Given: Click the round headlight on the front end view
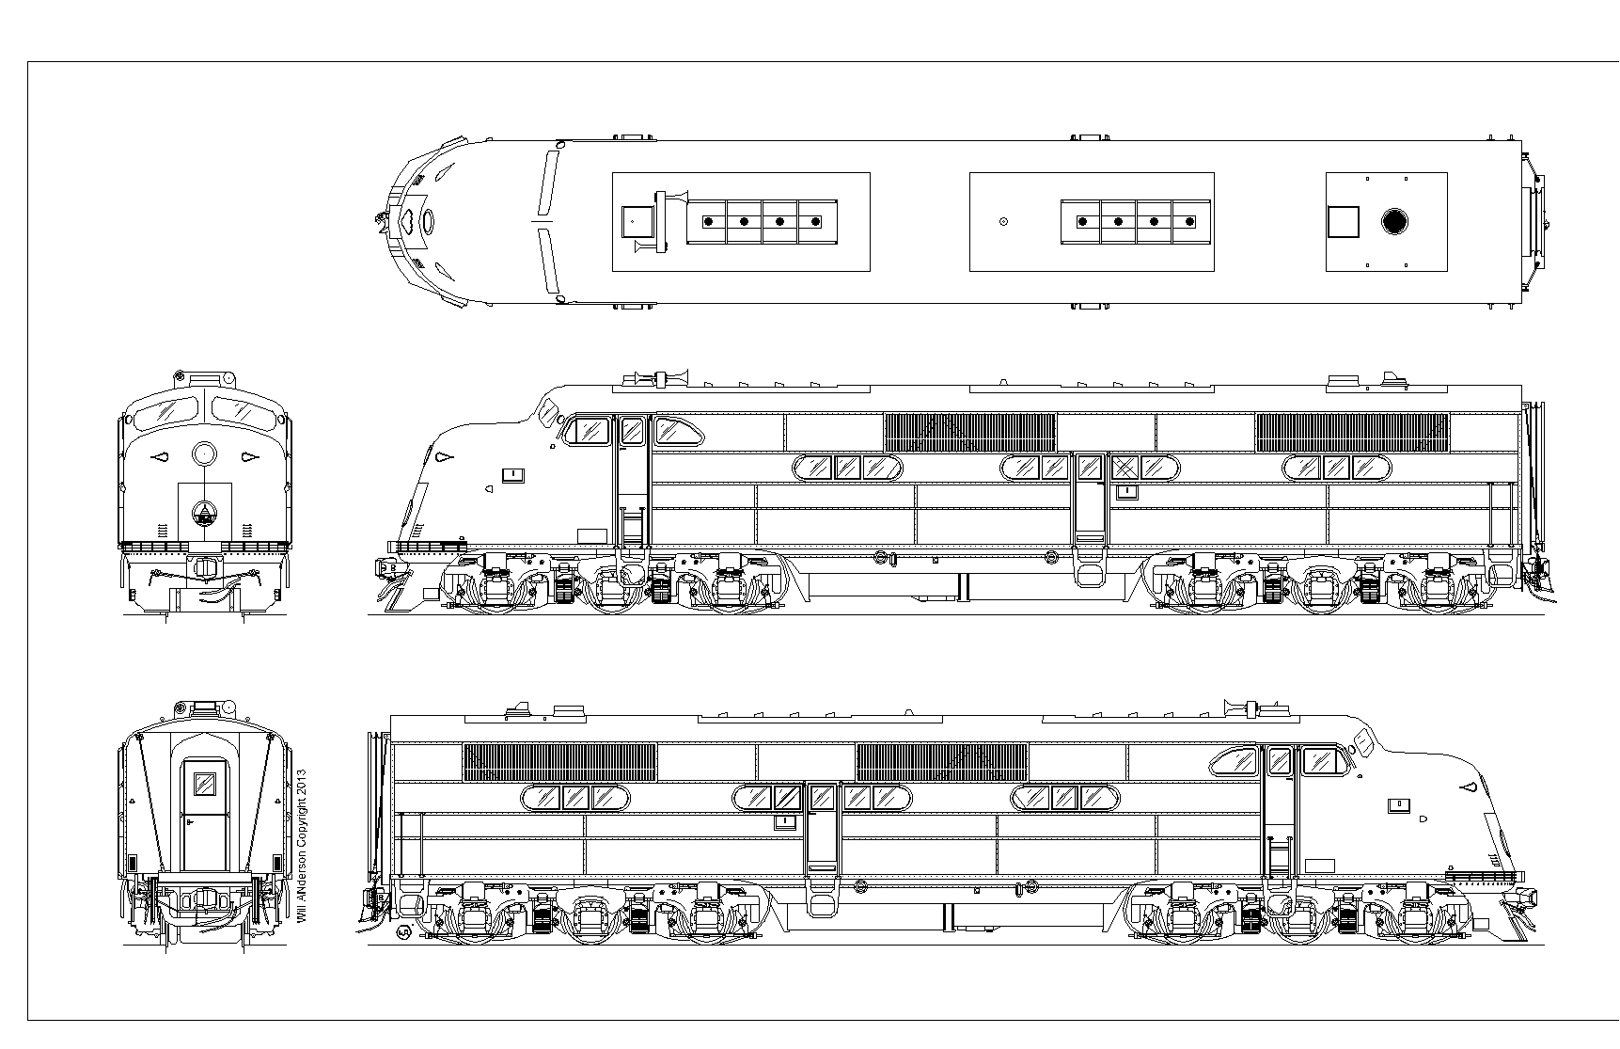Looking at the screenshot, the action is [204, 454].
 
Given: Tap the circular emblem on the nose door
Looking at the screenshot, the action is [204, 514].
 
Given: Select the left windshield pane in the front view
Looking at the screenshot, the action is [163, 410].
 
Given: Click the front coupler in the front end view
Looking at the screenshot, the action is [203, 567].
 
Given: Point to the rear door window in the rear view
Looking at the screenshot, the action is [204, 784].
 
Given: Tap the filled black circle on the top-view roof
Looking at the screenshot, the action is [1395, 222].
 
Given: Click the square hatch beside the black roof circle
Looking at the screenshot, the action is [1344, 222].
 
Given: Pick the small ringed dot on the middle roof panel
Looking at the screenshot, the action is [1004, 222].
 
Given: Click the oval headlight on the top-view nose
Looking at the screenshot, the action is [429, 222].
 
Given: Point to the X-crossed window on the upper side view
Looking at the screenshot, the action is [1125, 467].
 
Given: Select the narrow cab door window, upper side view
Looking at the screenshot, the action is [632, 431].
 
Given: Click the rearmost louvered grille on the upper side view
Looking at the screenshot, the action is [1352, 432].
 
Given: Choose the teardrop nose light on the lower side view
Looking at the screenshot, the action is [1466, 786].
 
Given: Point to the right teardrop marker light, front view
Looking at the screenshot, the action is [249, 457].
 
